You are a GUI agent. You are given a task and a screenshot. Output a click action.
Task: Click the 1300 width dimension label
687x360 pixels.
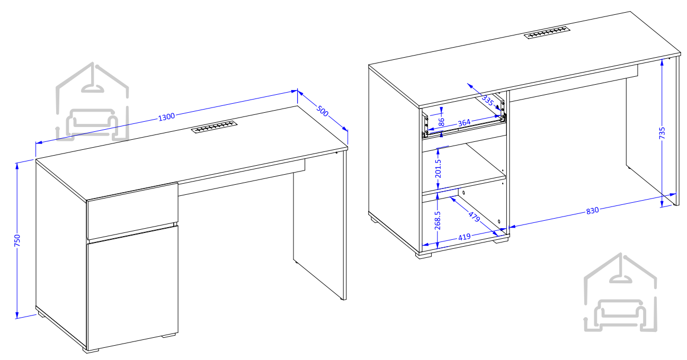tap(166, 117)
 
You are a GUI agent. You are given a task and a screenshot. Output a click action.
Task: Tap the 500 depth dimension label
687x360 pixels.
tap(323, 111)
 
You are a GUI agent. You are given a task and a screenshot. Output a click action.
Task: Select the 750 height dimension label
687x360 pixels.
tap(17, 240)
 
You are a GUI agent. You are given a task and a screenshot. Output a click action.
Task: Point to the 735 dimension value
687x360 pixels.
tap(662, 133)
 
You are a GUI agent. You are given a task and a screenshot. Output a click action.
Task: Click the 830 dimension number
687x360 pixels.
tap(592, 211)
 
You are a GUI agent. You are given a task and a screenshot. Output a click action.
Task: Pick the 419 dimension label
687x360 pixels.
tap(465, 237)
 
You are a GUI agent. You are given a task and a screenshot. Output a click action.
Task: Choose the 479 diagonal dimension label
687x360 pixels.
tap(474, 217)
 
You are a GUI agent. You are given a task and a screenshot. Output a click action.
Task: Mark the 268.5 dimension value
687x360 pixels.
tap(438, 220)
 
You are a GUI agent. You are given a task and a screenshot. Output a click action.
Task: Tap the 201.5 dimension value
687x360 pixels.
tap(438, 168)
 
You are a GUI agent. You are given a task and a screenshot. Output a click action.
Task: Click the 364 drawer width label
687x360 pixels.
tap(464, 123)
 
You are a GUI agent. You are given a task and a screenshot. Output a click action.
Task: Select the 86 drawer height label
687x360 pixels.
tap(441, 122)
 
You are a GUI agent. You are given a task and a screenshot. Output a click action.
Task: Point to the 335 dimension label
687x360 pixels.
tap(487, 100)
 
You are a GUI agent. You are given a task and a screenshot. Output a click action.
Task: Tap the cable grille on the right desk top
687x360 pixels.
tap(547, 32)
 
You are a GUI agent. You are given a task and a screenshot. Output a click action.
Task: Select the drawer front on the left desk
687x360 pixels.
tap(132, 211)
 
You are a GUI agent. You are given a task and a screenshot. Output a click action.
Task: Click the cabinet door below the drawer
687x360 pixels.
tap(132, 287)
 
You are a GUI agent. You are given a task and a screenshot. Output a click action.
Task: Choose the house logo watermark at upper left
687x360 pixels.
tap(92, 102)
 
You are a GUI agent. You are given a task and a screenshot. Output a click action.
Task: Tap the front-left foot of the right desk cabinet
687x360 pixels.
tap(424, 255)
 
